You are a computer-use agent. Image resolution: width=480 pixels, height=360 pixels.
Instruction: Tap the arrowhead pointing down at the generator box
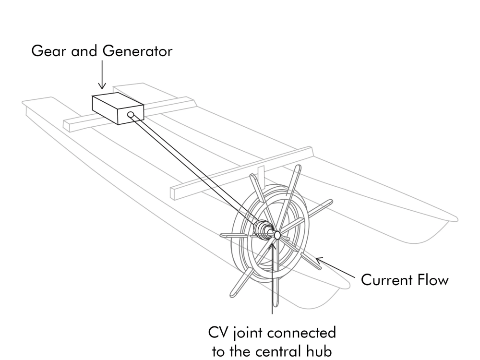pos(102,86)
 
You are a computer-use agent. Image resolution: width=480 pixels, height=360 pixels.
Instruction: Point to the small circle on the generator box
pos(131,115)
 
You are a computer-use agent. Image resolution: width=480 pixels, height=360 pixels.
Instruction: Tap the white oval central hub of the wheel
pos(277,235)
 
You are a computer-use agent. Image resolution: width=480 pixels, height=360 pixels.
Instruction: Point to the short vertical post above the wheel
pos(261,171)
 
